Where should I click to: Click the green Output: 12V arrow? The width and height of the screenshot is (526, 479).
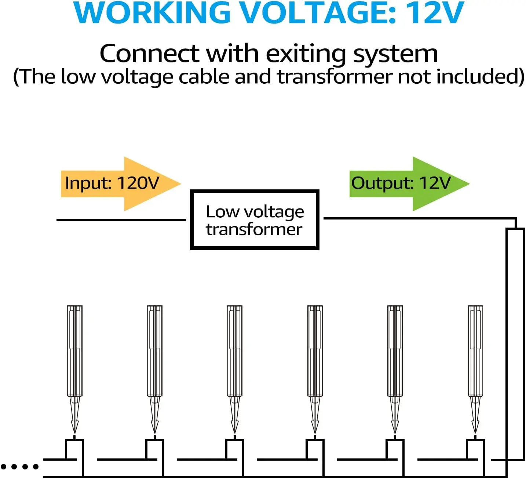[x=407, y=184]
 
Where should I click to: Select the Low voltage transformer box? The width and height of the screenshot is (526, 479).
[x=255, y=220]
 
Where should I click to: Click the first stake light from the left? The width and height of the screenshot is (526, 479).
[x=75, y=351]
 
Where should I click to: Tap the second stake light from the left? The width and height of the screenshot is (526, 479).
[x=155, y=351]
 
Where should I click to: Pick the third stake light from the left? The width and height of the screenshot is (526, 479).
[x=235, y=351]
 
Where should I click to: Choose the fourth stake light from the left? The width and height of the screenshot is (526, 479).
[x=315, y=351]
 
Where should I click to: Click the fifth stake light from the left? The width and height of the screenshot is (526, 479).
[x=395, y=351]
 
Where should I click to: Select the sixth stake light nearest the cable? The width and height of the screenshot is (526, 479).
[x=475, y=351]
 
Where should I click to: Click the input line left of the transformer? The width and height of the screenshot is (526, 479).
[x=121, y=219]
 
